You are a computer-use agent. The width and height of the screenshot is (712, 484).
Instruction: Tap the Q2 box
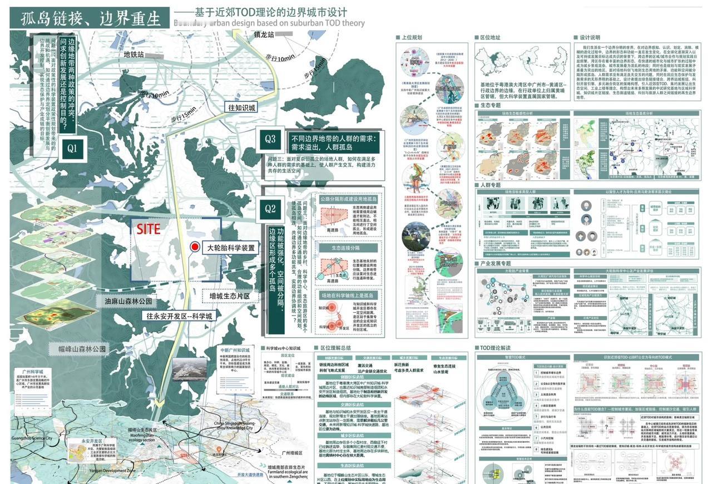pos(270,209)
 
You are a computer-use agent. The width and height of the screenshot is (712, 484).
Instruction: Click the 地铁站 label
pos(133,55)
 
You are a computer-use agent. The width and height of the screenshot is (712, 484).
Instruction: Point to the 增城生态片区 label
pos(234,296)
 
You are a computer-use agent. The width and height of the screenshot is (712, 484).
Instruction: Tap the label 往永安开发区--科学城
pos(180,316)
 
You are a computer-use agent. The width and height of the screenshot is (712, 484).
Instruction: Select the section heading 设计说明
pos(590,38)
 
